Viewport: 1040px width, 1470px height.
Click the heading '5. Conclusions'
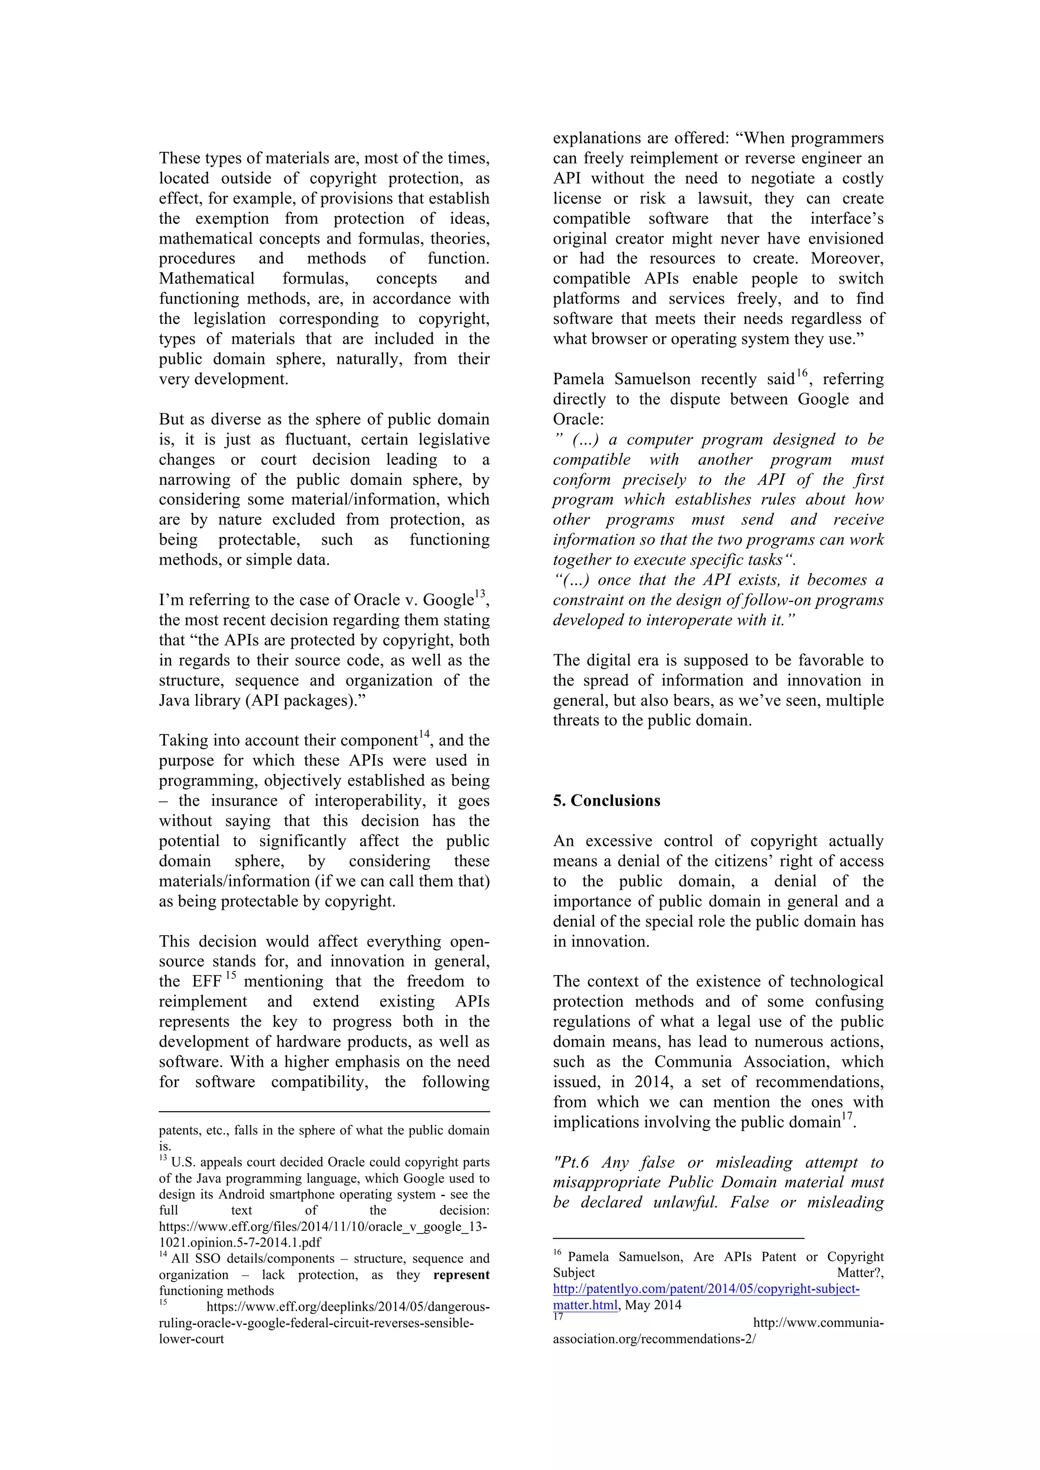606,801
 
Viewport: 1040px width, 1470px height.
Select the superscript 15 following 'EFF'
231,975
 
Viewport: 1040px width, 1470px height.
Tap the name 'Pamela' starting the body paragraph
578,380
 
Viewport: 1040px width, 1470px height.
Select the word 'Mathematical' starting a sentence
206,279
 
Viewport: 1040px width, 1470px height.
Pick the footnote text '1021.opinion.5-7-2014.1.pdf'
240,1243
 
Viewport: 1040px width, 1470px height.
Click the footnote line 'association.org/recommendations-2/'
654,1339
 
